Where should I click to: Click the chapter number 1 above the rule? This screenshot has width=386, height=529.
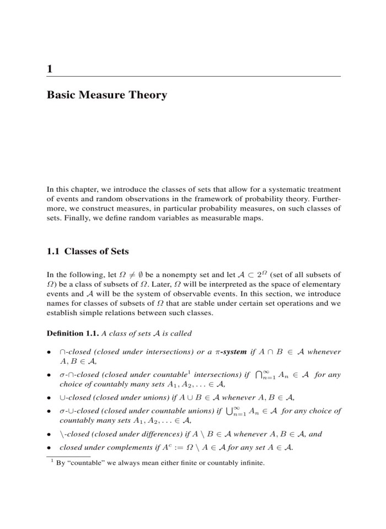point(50,69)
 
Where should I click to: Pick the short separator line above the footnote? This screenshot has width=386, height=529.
point(68,456)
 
